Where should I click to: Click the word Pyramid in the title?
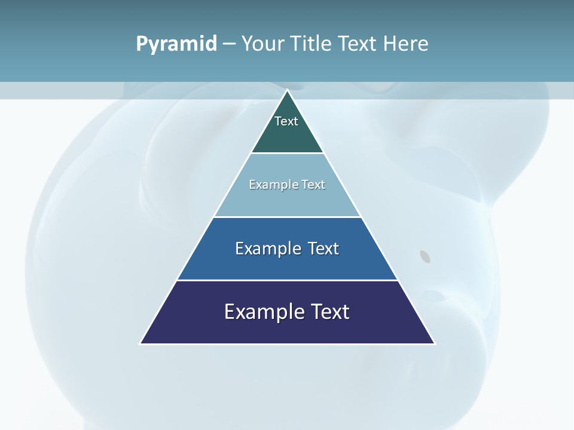tap(176, 44)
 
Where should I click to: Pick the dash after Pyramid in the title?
tap(229, 44)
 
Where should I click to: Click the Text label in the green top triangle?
tap(286, 121)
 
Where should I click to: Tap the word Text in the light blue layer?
tap(313, 185)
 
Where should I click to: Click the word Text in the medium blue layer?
tap(323, 248)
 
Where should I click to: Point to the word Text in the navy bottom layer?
tap(331, 312)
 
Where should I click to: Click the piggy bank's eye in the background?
tap(425, 257)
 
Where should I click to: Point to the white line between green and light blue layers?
tap(287, 153)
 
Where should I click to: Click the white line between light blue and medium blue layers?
tap(287, 217)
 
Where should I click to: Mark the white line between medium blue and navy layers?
tap(287, 280)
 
